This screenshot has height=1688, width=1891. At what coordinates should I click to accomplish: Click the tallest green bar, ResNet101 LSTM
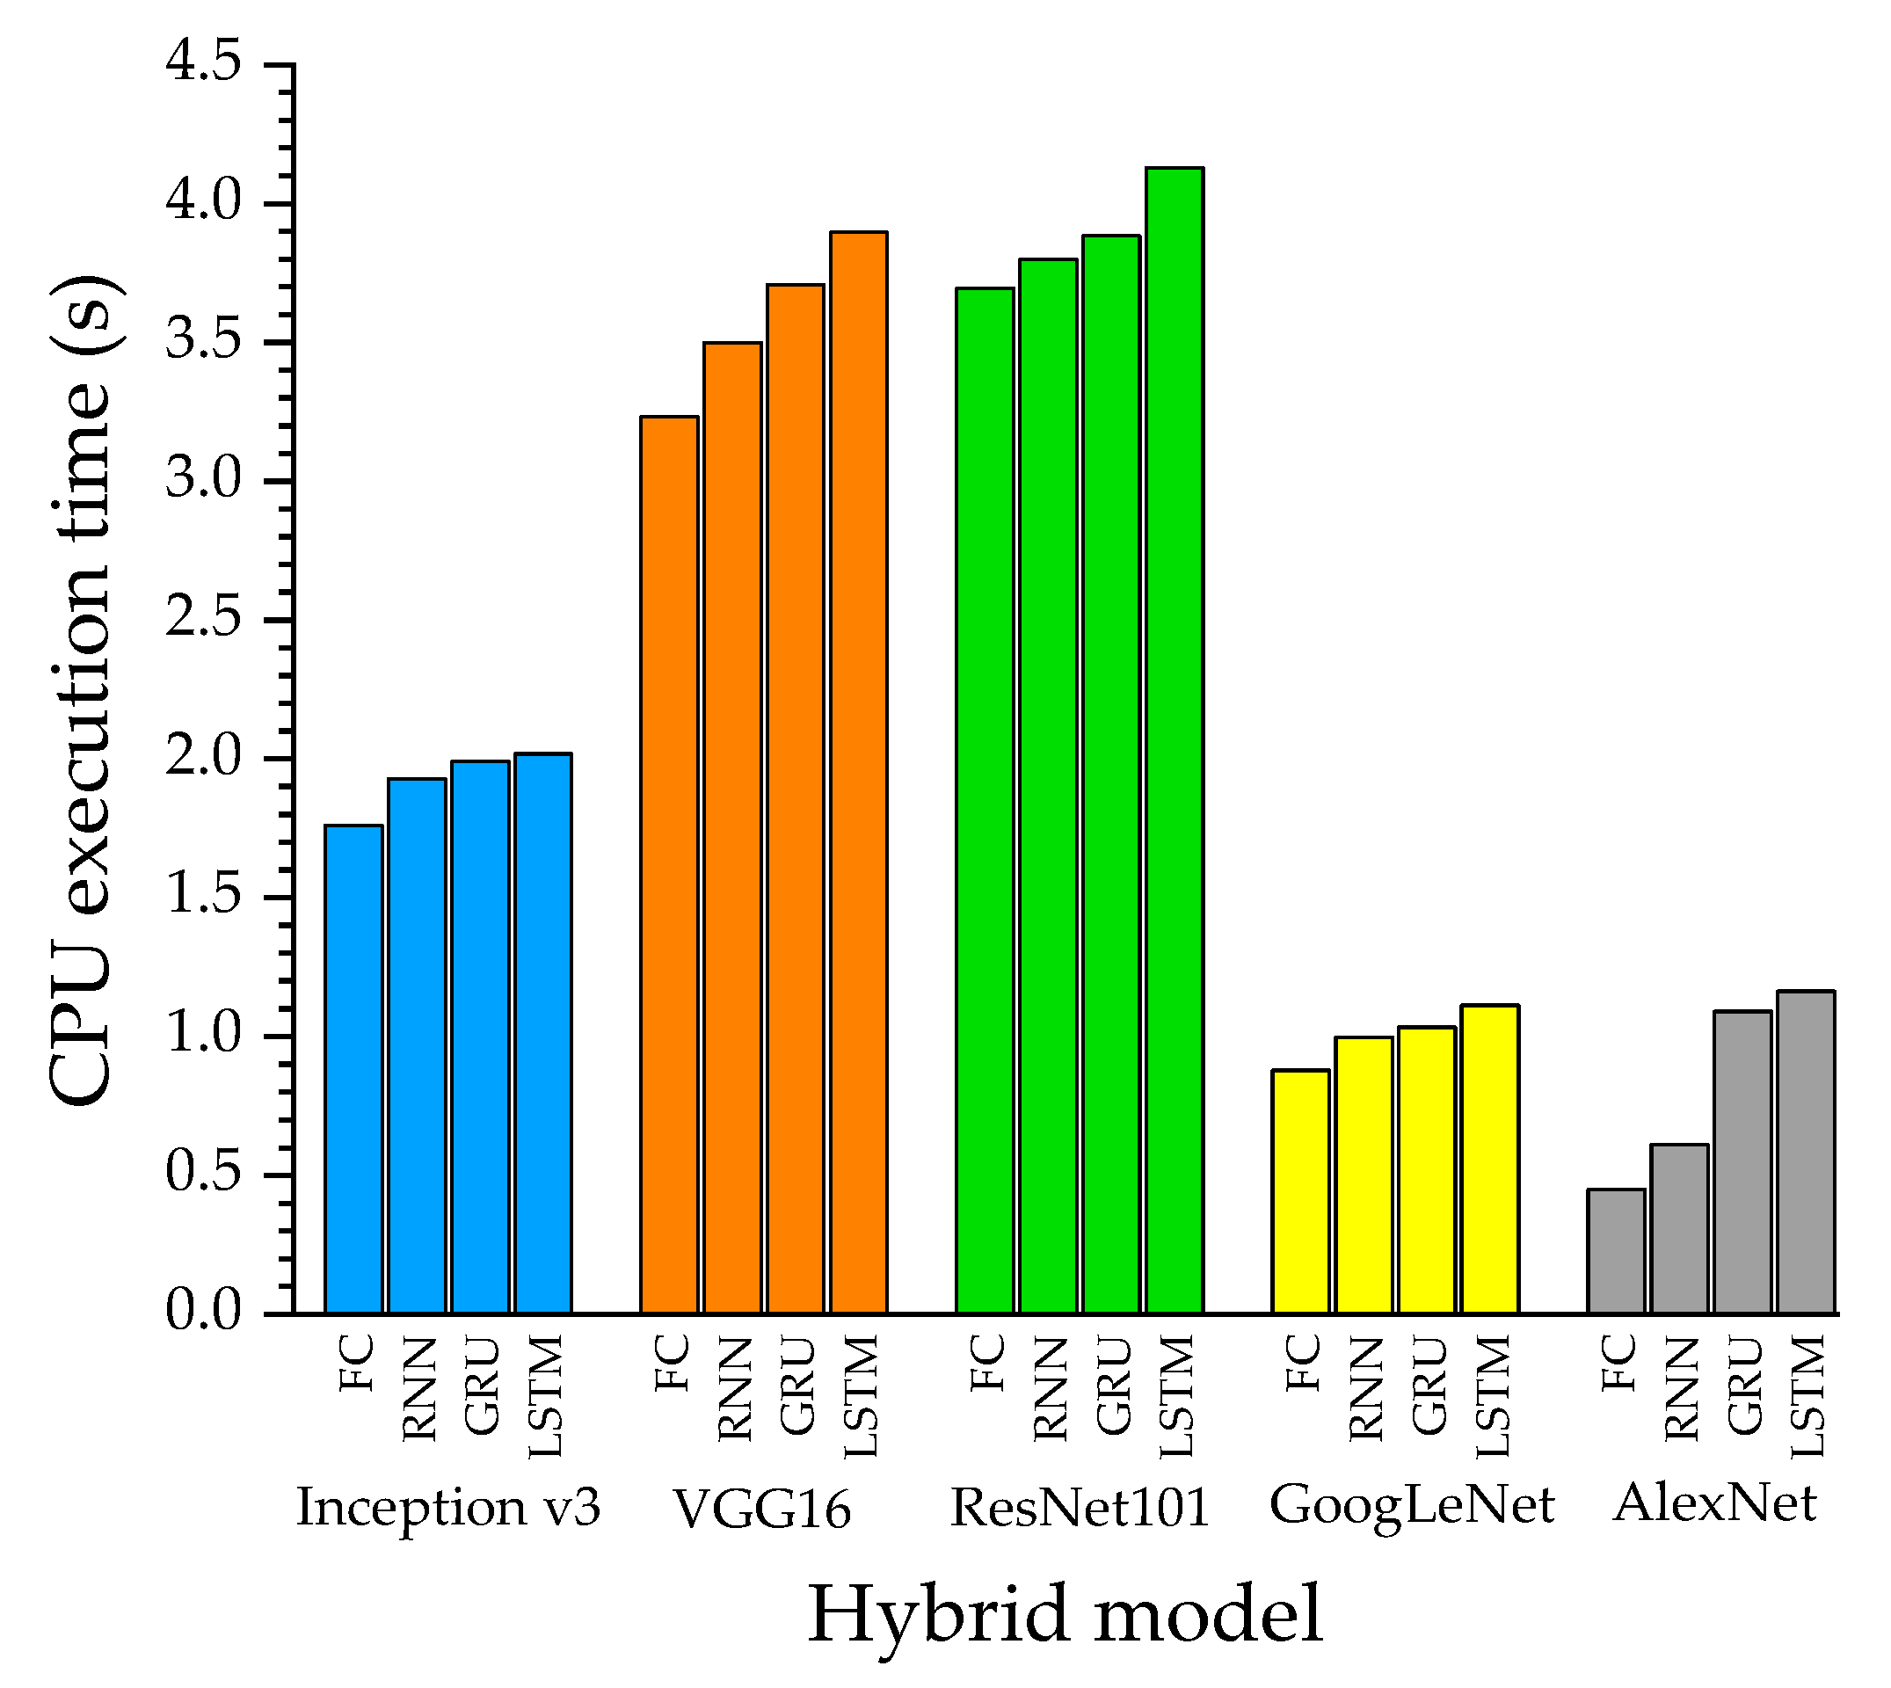click(x=1175, y=742)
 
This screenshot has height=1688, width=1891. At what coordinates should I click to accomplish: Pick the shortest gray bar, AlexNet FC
click(x=1617, y=1251)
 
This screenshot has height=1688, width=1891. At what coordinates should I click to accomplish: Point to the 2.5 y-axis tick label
click(x=203, y=619)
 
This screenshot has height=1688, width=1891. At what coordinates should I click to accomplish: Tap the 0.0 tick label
click(x=203, y=1312)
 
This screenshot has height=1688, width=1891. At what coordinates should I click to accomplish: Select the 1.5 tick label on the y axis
click(x=203, y=896)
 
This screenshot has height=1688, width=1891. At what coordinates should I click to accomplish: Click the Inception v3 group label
click(x=448, y=1507)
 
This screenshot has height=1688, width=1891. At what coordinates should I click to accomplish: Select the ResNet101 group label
click(x=1080, y=1507)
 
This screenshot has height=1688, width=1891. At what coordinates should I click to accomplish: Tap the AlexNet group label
click(x=1715, y=1502)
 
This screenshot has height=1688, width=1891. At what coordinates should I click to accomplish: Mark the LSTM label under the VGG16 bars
click(x=860, y=1396)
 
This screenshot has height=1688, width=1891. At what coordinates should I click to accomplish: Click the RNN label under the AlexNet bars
click(x=1681, y=1388)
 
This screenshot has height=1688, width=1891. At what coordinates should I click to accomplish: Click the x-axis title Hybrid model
click(x=1065, y=1615)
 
